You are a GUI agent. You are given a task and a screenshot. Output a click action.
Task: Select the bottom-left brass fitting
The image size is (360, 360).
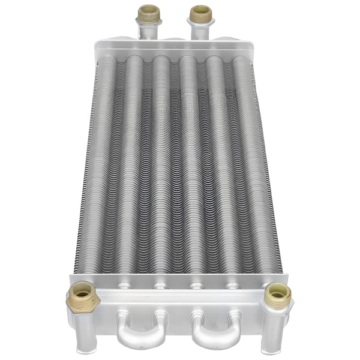(x=81, y=295)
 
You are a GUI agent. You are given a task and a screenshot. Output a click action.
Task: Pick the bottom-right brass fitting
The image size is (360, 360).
(x=278, y=293)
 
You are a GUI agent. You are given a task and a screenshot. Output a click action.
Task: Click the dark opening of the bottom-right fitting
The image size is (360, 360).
(x=278, y=289)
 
